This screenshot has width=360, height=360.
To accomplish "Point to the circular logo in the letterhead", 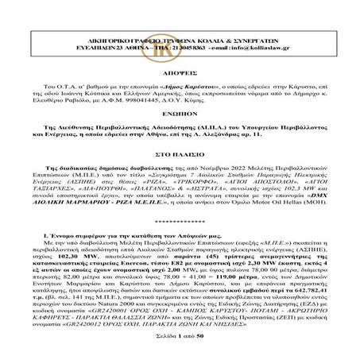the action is (180, 17).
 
